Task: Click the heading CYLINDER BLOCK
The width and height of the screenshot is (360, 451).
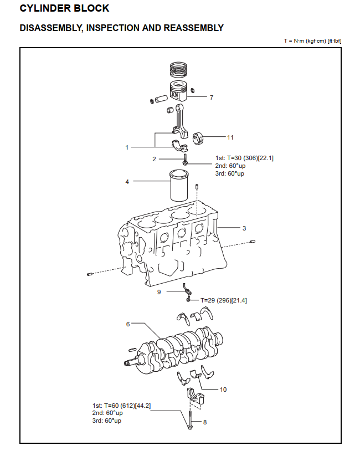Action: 64,9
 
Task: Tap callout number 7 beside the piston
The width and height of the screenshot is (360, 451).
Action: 211,98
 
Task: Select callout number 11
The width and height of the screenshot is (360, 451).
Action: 230,136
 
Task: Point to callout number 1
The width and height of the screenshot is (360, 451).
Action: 127,147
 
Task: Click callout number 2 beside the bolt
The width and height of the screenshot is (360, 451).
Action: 155,159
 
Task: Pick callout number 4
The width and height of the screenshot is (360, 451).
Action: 127,181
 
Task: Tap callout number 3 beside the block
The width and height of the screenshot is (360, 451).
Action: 244,228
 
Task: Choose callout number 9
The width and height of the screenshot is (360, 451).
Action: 159,291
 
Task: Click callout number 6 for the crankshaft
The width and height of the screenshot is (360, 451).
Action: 128,324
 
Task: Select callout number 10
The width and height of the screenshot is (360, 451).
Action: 223,389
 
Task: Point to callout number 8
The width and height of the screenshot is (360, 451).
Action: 204,422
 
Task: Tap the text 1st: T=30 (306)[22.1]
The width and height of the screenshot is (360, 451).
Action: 244,158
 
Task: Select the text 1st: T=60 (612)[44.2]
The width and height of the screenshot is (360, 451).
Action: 121,406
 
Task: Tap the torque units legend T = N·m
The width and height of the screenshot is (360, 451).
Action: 312,41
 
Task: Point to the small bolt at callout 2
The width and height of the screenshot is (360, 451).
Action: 185,160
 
